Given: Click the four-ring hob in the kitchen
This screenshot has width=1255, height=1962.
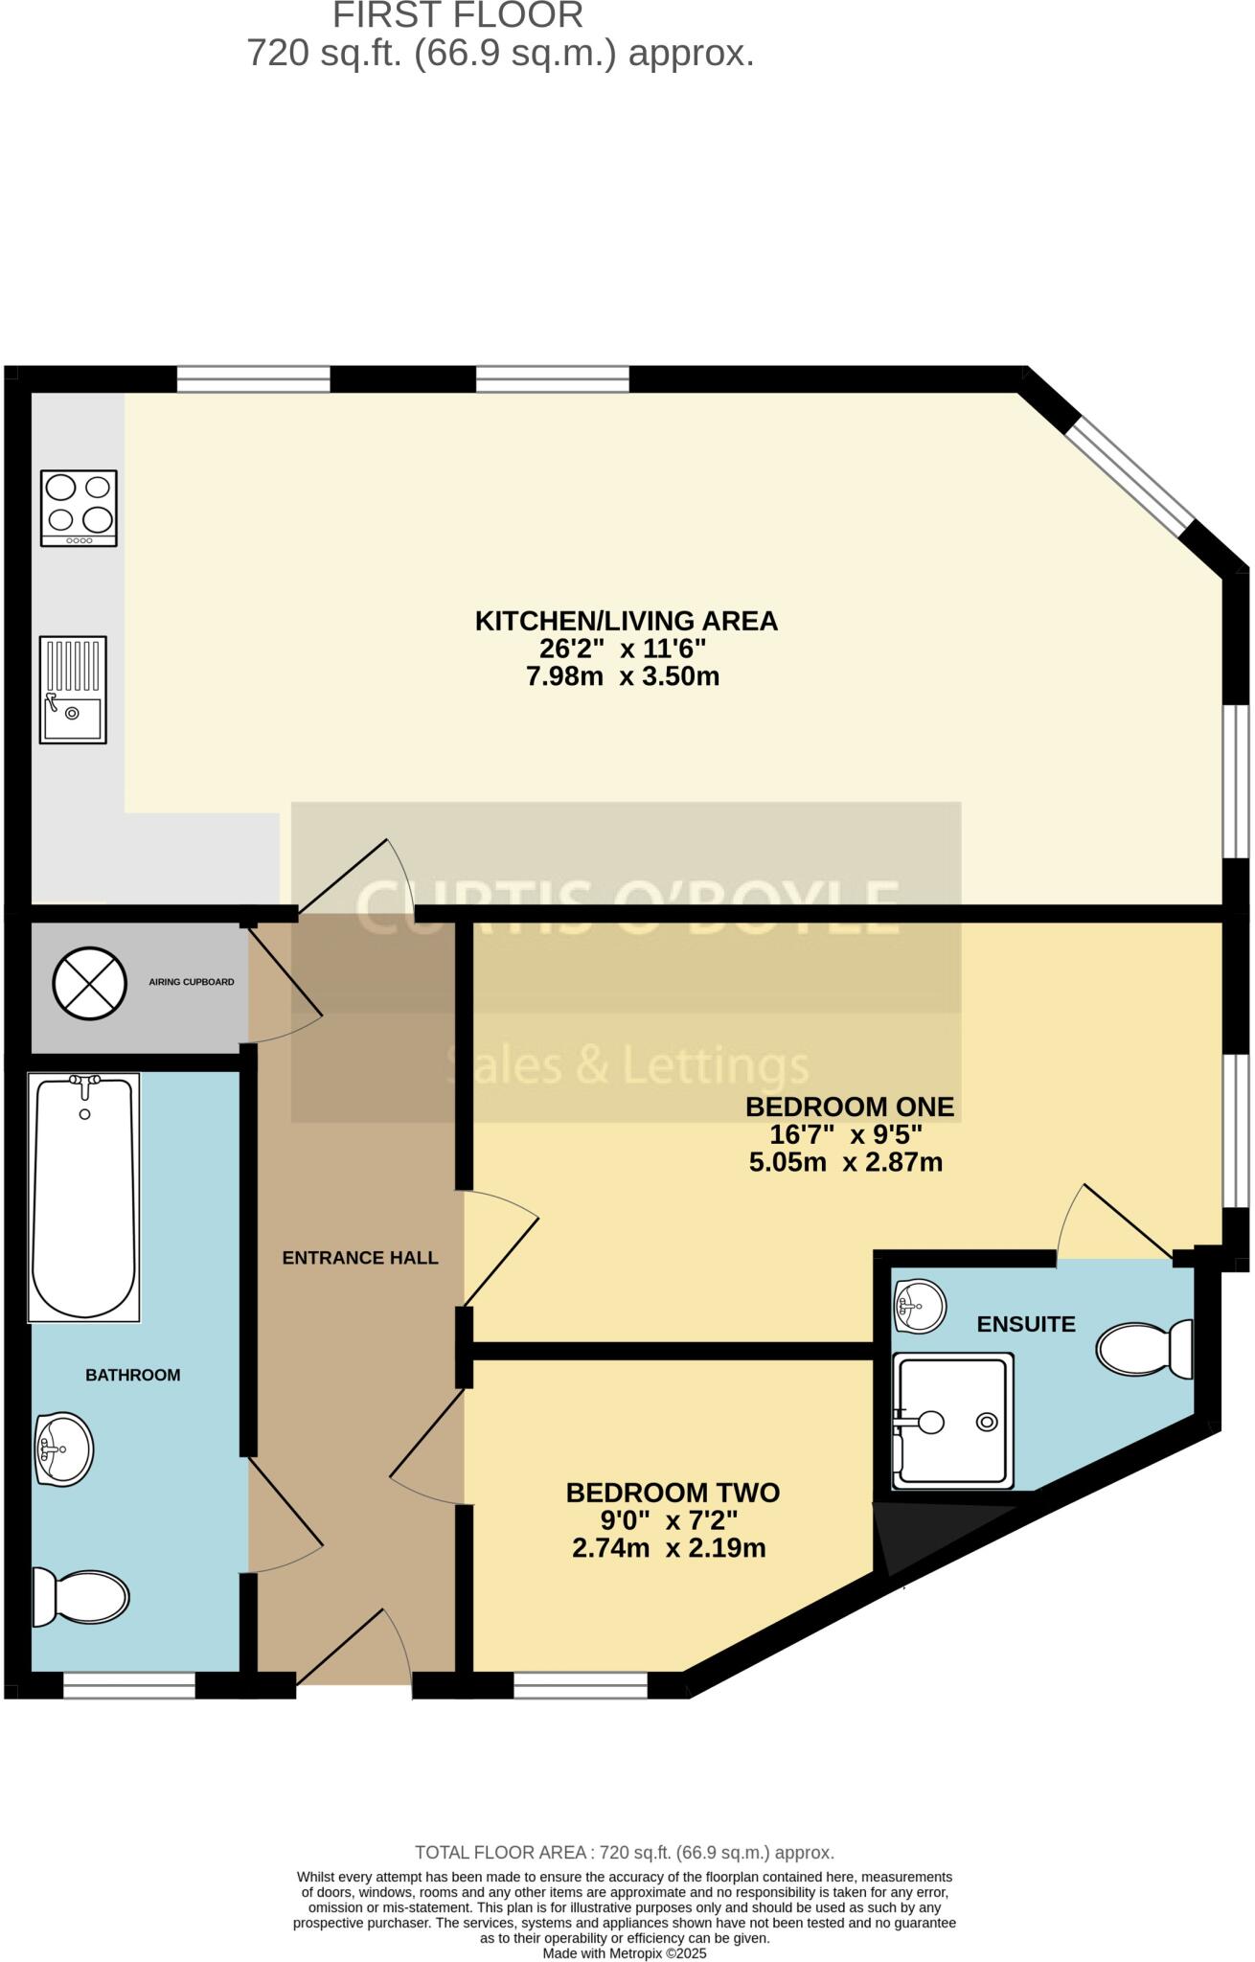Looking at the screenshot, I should tap(79, 508).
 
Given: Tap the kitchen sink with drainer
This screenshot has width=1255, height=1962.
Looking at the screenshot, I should tap(73, 690).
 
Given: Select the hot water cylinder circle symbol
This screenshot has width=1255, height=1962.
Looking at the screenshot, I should tap(89, 983).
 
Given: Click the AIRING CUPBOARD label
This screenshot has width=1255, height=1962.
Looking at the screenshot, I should tap(192, 982).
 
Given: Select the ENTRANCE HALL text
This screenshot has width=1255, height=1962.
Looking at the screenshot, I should tap(360, 1258).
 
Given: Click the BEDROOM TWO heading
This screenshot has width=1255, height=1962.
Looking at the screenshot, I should tap(673, 1493).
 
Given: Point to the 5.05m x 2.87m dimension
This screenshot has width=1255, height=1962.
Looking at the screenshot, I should tap(845, 1163).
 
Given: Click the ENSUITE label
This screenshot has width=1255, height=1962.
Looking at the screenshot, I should tap(1026, 1324).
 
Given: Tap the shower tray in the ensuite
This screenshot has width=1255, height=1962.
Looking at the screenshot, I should tap(952, 1422).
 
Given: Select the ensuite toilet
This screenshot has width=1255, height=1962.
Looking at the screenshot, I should tap(1144, 1349).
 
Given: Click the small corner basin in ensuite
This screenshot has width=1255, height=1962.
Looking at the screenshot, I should tap(920, 1304).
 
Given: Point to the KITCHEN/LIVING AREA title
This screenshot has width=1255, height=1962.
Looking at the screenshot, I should tap(627, 621).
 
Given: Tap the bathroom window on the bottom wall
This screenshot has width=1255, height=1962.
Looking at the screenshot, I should tap(129, 1685).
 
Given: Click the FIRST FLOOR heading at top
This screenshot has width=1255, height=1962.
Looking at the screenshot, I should tap(458, 15).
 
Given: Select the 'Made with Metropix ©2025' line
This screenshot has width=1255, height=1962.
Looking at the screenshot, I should tap(625, 1952).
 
